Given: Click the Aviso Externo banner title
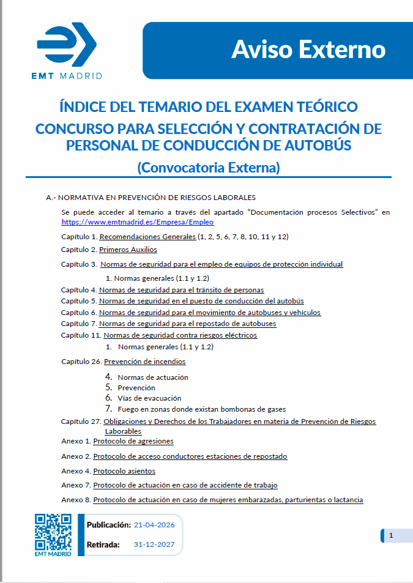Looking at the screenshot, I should [x=308, y=49].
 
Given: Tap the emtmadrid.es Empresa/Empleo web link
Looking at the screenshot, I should [x=137, y=222].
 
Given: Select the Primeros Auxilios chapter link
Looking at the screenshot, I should [x=128, y=250].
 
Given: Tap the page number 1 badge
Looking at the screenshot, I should [x=391, y=536].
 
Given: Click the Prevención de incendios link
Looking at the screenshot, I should [x=144, y=362].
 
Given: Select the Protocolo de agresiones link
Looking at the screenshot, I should [x=133, y=441].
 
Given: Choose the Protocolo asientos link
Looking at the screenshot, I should [x=124, y=471].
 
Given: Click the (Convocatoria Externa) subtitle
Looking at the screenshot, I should [x=209, y=166].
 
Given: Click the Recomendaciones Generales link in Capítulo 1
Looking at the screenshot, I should [x=147, y=236].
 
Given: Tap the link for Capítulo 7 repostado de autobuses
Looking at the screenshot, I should [x=187, y=324].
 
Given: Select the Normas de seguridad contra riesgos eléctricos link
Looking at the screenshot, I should [x=180, y=335].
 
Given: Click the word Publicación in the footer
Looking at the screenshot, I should [x=108, y=525].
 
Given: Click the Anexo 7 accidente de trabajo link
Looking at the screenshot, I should [x=185, y=485].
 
